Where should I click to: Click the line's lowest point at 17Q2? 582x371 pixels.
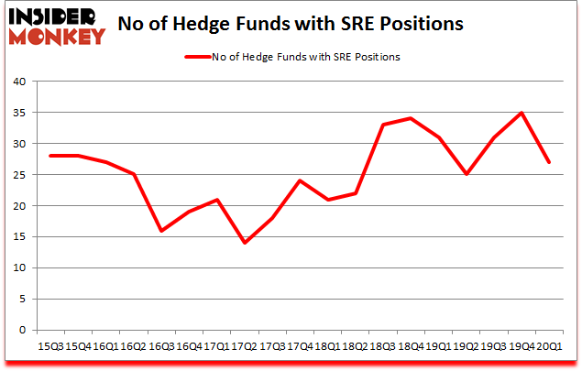click(x=245, y=243)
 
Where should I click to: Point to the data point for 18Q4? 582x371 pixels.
click(x=410, y=118)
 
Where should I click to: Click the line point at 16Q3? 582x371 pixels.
click(x=162, y=231)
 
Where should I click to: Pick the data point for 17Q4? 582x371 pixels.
click(x=300, y=180)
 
